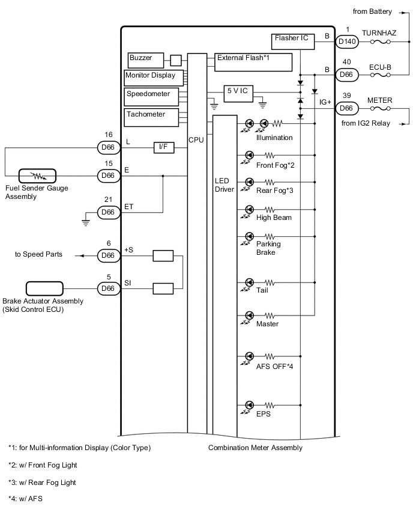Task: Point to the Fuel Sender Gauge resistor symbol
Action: pyautogui.click(x=37, y=175)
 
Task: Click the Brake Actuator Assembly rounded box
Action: pyautogui.click(x=44, y=288)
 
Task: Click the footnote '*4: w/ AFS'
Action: pyautogui.click(x=25, y=499)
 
